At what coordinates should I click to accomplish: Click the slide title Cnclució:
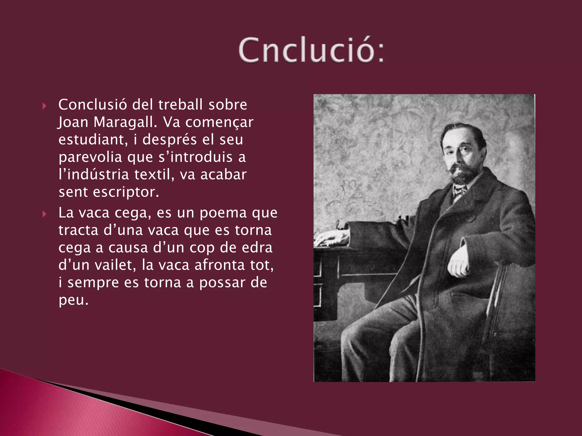pyautogui.click(x=311, y=50)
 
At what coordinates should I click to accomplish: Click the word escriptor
pyautogui.click(x=126, y=192)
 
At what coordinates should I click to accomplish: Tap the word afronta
pyautogui.click(x=220, y=265)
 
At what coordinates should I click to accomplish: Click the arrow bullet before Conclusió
pyautogui.click(x=44, y=106)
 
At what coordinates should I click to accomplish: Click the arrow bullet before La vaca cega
pyautogui.click(x=44, y=214)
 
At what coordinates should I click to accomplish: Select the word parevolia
pyautogui.click(x=90, y=157)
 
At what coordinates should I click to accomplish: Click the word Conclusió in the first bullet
pyautogui.click(x=93, y=105)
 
